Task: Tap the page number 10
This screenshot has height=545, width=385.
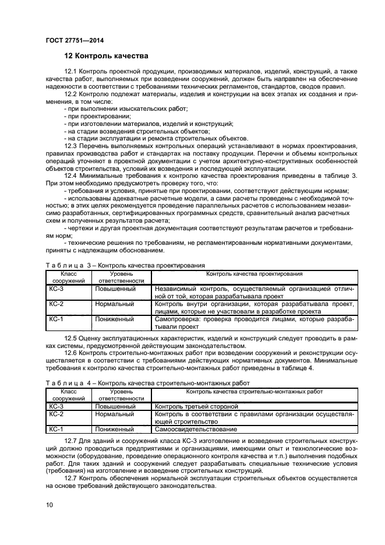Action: [50, 504]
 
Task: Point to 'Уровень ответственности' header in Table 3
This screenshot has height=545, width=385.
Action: [121, 276]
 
